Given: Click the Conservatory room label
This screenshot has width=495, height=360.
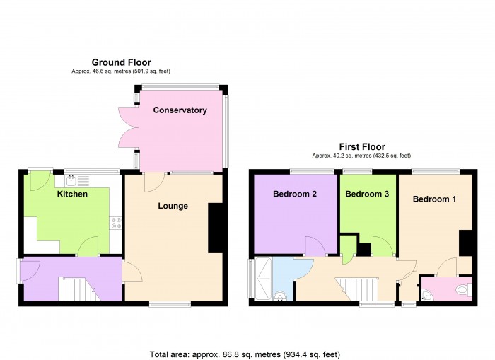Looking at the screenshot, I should [180, 110].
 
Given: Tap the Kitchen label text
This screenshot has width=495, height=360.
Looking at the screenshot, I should [72, 194].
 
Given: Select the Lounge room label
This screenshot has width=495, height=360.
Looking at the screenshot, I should [173, 206].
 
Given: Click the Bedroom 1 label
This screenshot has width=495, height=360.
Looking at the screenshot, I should [434, 199].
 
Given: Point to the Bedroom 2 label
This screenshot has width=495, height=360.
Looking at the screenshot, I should [294, 194].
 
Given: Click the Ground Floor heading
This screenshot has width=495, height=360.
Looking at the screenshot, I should [121, 62].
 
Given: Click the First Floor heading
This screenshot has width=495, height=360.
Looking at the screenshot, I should [361, 146].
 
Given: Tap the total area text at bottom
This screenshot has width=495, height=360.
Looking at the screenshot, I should [249, 354].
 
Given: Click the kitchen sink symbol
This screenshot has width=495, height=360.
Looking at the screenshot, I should [72, 180].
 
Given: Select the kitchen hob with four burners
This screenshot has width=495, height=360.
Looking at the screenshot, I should [116, 224].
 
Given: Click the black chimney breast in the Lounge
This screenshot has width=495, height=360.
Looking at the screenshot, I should [215, 228].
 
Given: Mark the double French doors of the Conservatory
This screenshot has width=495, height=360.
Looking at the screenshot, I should [127, 127].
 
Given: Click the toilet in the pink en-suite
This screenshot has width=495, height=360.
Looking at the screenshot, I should [462, 289].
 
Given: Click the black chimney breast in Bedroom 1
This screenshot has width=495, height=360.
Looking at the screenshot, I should [465, 243].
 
